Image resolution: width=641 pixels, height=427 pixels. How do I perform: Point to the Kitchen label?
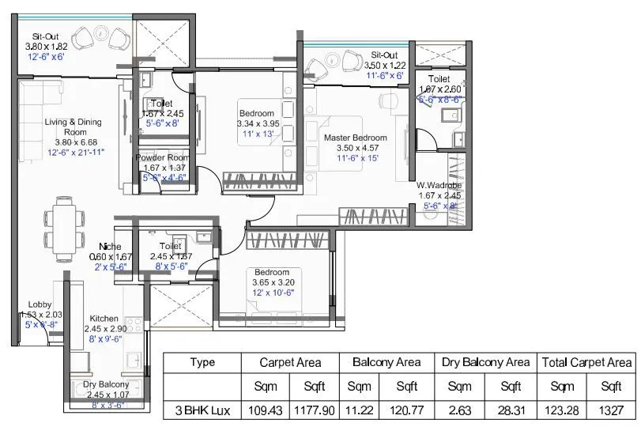(104, 318)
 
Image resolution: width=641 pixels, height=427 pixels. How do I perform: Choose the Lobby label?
(40, 304)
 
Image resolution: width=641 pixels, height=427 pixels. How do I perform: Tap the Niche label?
(109, 246)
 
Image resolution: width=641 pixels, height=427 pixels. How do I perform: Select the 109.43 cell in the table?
(265, 411)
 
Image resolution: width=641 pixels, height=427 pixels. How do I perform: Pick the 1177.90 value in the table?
(314, 411)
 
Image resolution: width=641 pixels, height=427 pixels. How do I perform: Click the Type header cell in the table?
(202, 362)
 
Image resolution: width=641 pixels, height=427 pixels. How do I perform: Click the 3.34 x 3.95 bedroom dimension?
(258, 123)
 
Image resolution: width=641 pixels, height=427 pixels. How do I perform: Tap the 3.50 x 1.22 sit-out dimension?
(386, 65)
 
